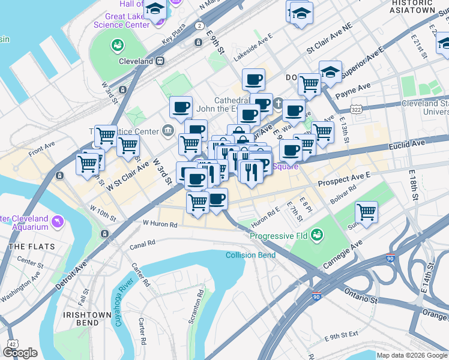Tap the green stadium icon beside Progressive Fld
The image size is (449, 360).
point(317,236)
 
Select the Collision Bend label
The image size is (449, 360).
point(250,255)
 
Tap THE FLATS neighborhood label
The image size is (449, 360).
point(32,247)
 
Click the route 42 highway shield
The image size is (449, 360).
point(11,343)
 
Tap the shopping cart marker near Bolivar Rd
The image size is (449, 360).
point(366,212)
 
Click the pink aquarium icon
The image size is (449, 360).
point(58,222)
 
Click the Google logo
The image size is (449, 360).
point(20,353)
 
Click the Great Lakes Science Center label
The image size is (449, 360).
point(121,20)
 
